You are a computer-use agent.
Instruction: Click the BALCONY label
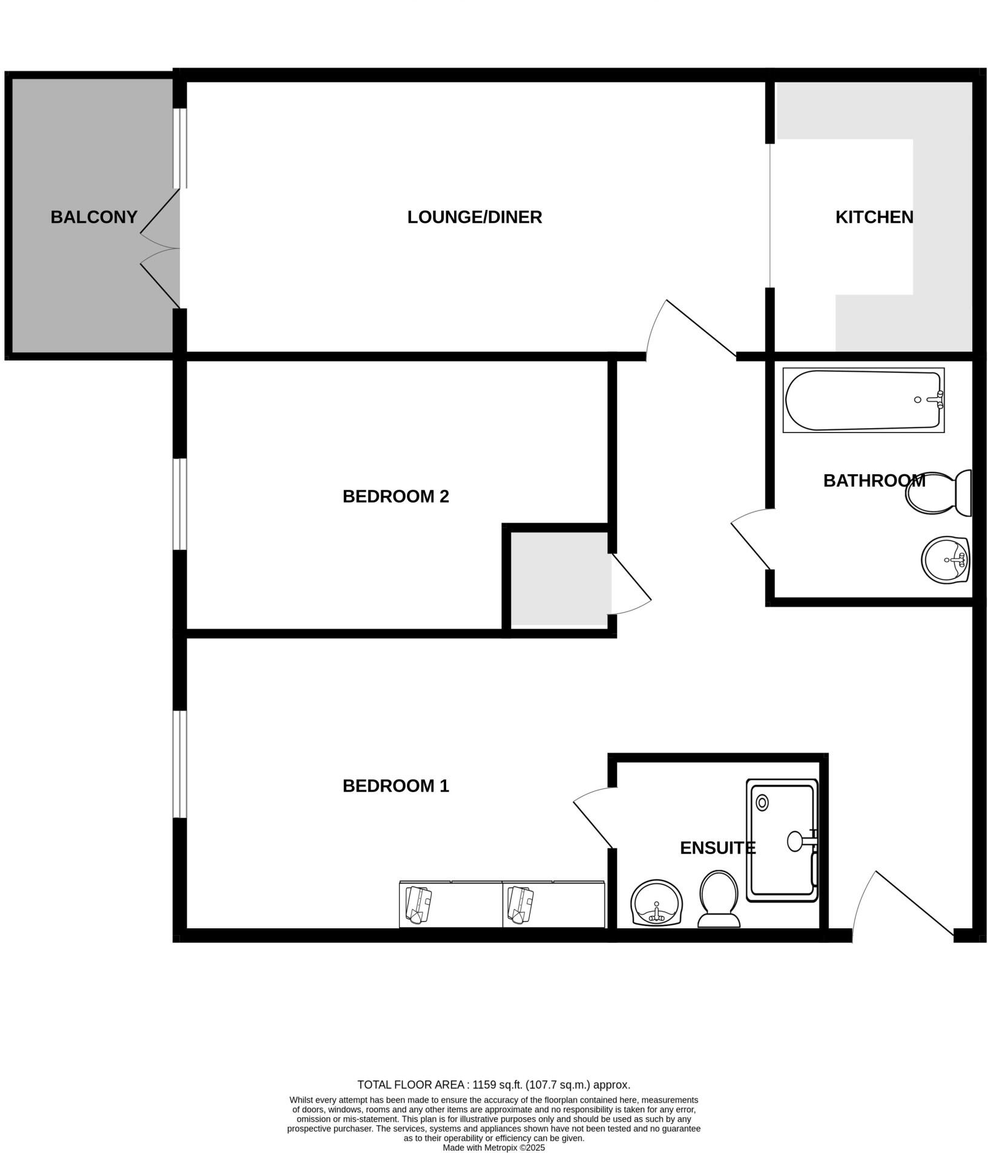click(x=94, y=217)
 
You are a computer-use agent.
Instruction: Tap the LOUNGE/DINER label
click(x=474, y=217)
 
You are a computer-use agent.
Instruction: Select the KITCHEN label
click(x=874, y=217)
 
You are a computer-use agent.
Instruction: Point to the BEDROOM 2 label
click(x=395, y=496)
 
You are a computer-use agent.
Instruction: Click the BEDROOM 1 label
click(x=395, y=785)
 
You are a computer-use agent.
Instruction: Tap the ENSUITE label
click(x=717, y=848)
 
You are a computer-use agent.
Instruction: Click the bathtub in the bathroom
click(x=863, y=400)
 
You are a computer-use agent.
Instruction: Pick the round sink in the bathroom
click(x=945, y=560)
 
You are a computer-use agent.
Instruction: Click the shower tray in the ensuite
click(x=782, y=840)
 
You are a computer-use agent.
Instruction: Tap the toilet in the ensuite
click(x=719, y=898)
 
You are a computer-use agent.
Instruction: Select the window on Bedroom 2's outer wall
click(x=180, y=504)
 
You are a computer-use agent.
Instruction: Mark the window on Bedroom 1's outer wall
click(x=180, y=764)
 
